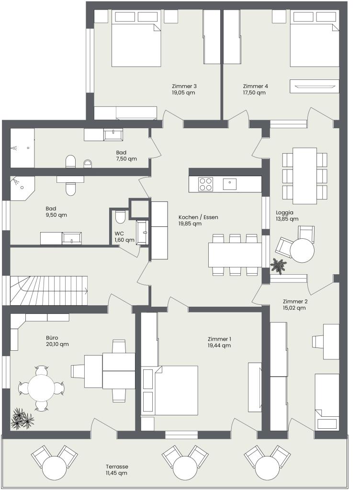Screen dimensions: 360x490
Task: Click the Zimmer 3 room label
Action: [184, 86]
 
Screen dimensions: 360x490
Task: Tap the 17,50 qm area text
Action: [254, 92]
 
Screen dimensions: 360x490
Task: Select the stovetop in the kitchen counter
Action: [206, 184]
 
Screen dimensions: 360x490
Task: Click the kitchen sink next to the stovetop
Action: [230, 184]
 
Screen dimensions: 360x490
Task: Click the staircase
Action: [49, 290]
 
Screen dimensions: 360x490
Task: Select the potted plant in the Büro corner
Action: [22, 419]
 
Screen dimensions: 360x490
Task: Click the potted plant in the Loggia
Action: [278, 266]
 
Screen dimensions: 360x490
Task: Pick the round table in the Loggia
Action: [302, 250]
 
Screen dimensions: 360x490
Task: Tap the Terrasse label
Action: [116, 467]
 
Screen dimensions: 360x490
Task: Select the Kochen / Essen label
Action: [199, 217]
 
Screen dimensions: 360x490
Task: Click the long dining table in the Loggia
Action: [304, 175]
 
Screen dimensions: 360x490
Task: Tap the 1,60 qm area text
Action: [124, 240]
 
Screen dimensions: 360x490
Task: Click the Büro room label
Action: [52, 338]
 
